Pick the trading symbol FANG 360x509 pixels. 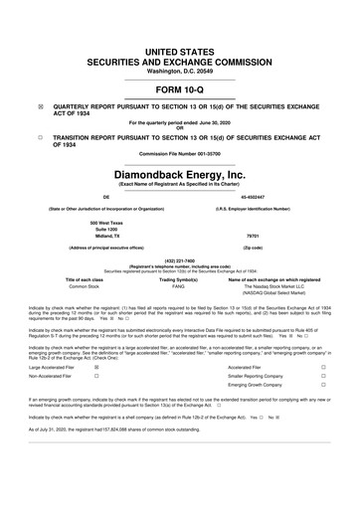click(x=179, y=285)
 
